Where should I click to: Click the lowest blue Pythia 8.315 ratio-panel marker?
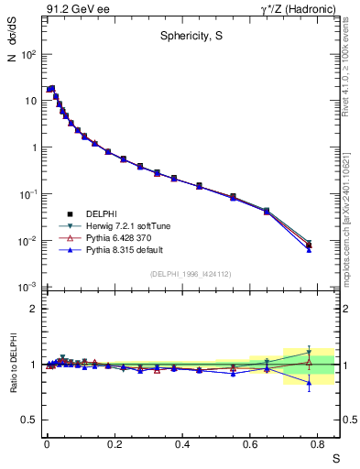pos(310,385)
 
